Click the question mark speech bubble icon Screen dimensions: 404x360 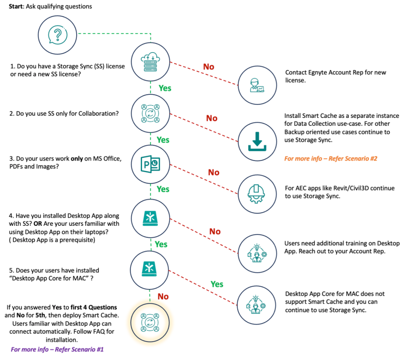(58, 35)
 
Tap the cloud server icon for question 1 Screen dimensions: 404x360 (150, 62)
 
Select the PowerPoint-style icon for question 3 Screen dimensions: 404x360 (150, 164)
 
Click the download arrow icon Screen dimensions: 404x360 (257, 142)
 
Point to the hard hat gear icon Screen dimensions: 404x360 (256, 194)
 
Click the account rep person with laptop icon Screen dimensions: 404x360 (257, 85)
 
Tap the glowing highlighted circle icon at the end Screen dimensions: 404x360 (150, 322)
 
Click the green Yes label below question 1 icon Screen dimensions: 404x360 (165, 88)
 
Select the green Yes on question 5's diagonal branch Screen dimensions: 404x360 (217, 284)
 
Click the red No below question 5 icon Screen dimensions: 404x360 (163, 296)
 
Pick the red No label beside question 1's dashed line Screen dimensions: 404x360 (209, 67)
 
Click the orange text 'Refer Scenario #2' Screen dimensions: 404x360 (353, 158)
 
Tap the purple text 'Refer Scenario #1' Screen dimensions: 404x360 (79, 349)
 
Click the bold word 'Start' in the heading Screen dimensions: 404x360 (16, 6)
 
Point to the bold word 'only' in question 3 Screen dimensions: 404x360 (77, 158)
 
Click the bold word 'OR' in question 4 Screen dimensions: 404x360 (38, 224)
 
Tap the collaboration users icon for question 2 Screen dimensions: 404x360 (150, 113)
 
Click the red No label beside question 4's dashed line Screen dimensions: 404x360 (215, 232)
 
